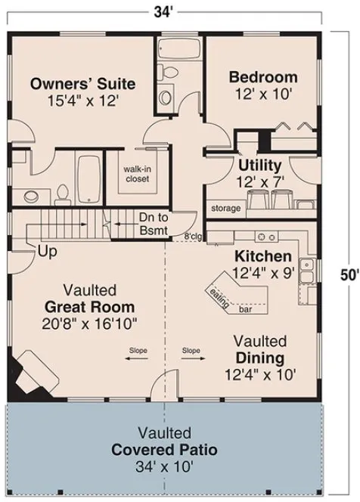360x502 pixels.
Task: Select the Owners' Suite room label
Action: (83, 82)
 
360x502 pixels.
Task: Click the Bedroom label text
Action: (263, 77)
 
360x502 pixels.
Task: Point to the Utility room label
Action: (259, 165)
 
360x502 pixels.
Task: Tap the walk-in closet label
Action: (136, 174)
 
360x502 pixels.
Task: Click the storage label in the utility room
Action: (225, 208)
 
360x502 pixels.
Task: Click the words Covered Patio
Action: (164, 450)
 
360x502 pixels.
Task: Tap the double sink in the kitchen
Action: (307, 269)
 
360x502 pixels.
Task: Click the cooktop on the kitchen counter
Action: (265, 235)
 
